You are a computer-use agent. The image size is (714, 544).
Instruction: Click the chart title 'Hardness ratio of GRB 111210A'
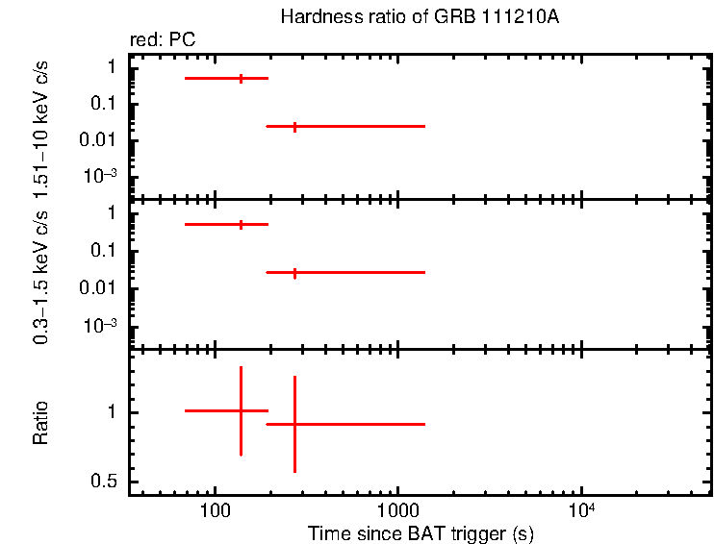[x=419, y=17]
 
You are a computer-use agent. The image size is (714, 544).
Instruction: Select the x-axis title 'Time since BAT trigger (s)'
[x=420, y=532]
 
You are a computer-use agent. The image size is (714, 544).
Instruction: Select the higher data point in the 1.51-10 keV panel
[x=241, y=78]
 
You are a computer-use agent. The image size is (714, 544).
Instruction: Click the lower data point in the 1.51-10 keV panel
[x=294, y=126]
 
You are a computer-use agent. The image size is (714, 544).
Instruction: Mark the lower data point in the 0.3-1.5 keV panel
[x=294, y=273]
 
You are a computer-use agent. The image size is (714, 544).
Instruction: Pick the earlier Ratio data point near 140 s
[x=241, y=410]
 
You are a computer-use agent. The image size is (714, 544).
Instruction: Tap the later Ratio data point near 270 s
[x=294, y=424]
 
